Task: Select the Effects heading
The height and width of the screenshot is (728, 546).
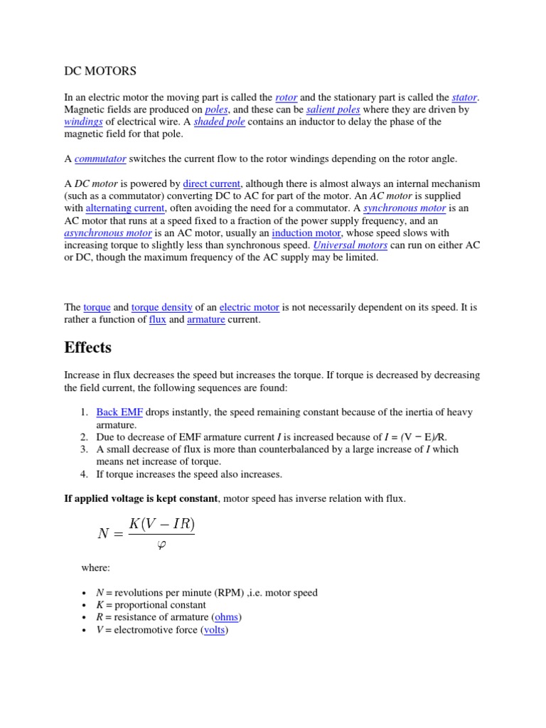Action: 87,348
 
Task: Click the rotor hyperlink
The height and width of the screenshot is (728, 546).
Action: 286,97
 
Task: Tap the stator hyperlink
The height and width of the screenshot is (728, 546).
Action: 465,97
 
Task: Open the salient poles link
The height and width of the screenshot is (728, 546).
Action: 333,109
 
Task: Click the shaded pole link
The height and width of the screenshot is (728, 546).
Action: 220,122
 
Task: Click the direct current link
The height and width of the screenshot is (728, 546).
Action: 212,183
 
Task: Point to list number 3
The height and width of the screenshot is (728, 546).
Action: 83,449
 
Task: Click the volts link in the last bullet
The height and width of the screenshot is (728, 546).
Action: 214,630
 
